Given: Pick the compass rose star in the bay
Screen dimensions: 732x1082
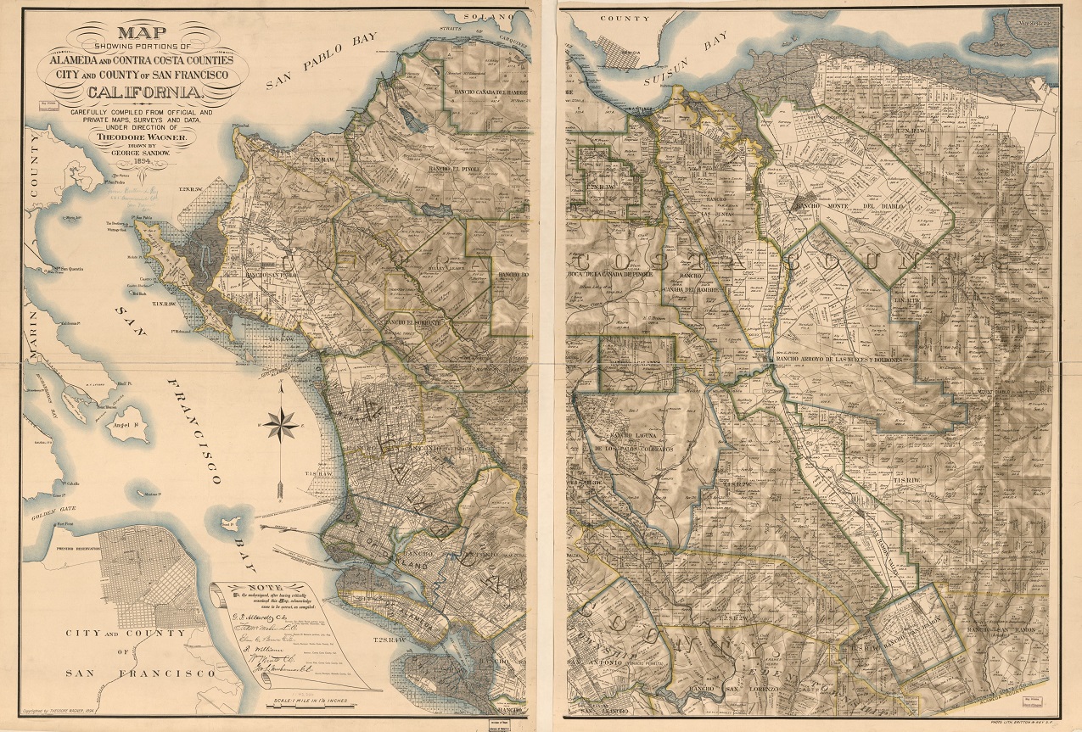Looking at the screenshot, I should [x=281, y=422].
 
